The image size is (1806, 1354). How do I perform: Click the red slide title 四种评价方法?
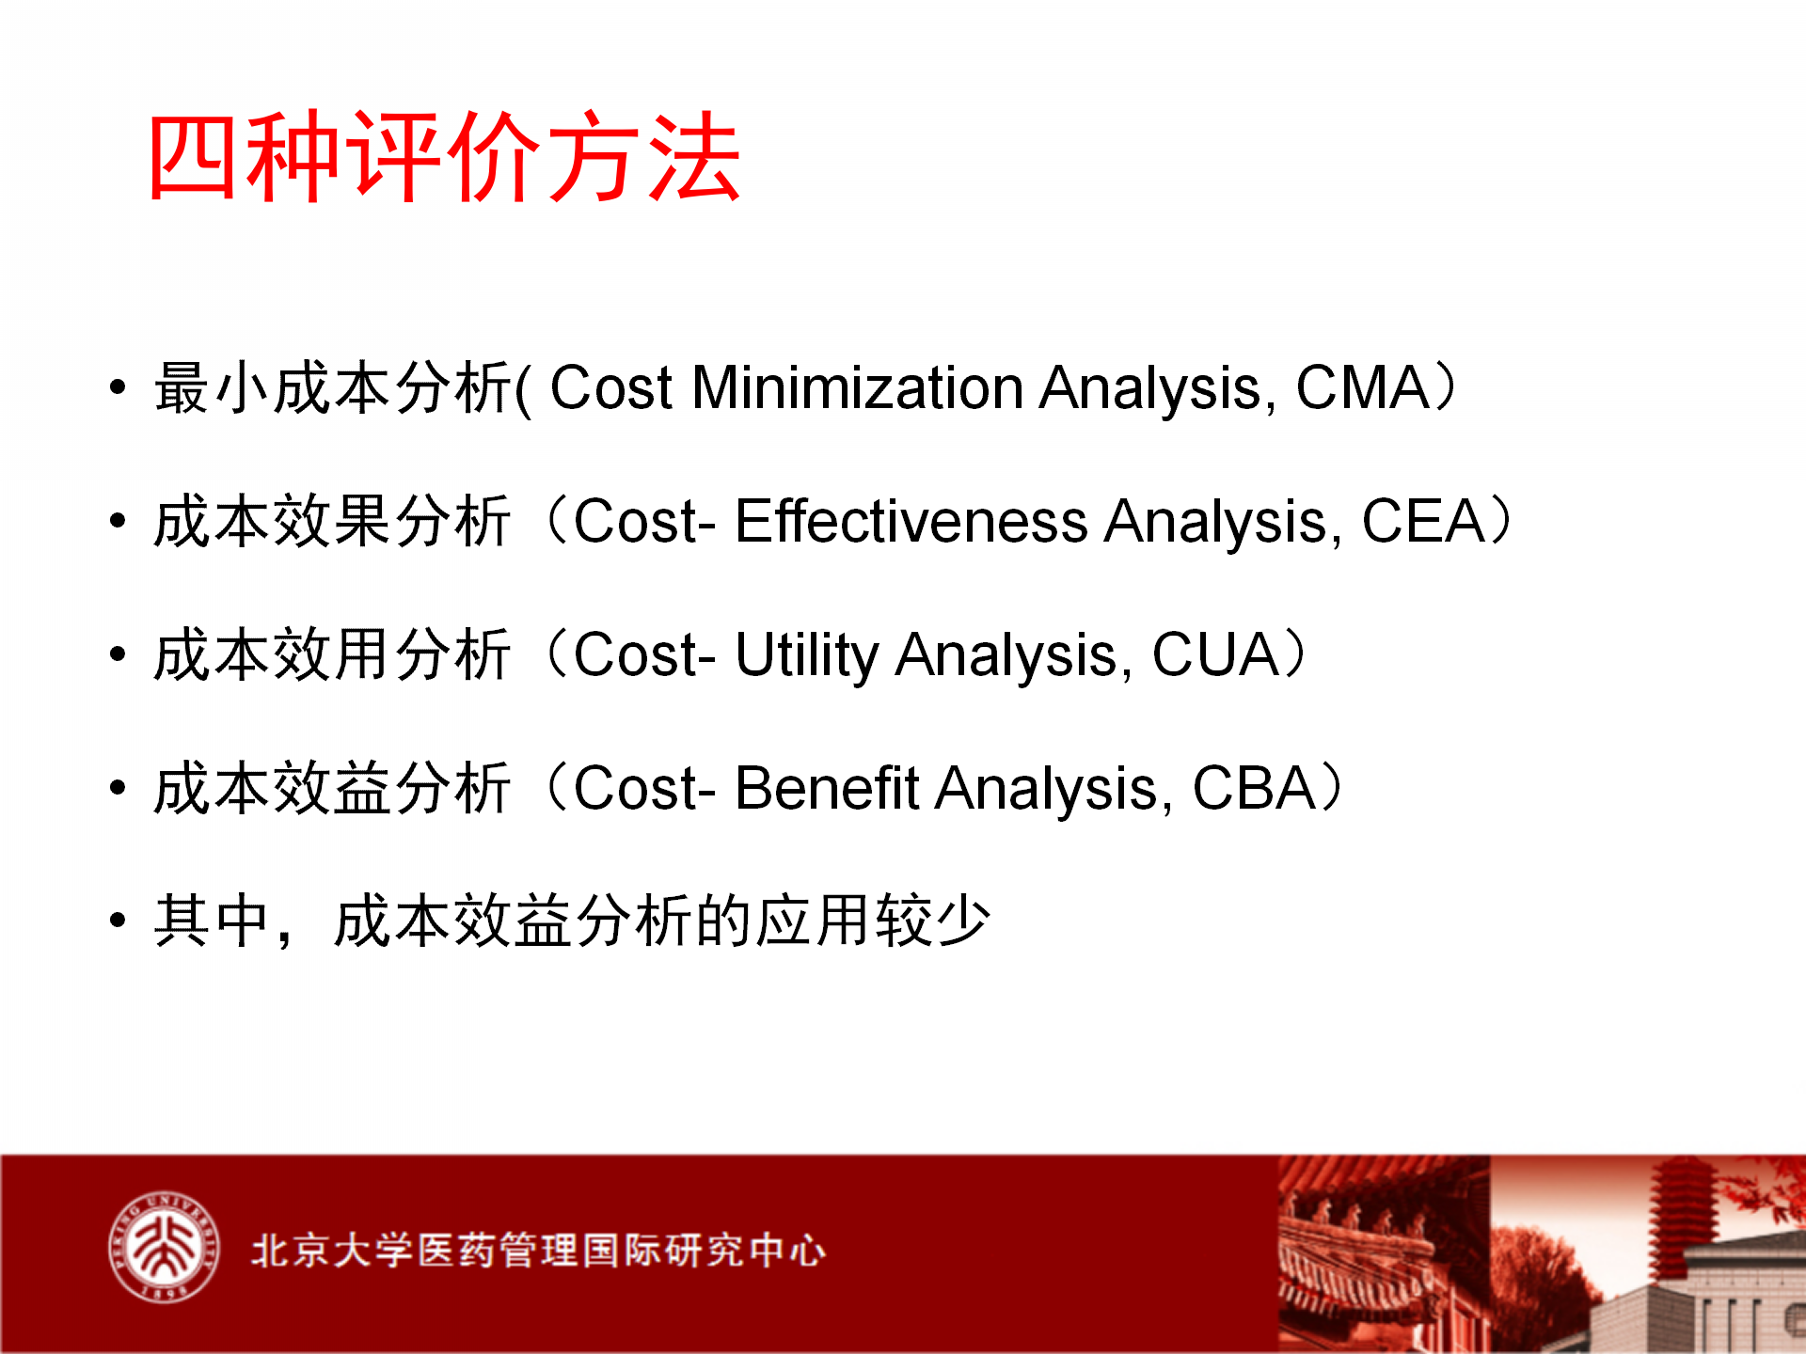coord(444,156)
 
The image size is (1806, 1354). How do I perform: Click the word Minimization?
coord(857,386)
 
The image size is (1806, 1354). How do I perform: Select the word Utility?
coord(806,655)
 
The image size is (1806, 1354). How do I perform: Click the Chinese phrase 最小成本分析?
coord(333,387)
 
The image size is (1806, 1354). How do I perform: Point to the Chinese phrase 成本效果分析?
coord(333,521)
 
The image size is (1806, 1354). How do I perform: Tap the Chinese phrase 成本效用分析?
coord(333,654)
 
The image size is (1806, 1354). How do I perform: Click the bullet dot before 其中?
coord(118,920)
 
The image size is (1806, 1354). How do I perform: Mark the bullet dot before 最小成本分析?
coord(118,386)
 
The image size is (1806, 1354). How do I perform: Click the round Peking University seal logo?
coord(164,1248)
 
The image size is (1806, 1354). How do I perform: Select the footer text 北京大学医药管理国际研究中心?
coord(538,1250)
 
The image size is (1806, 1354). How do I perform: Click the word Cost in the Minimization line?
coord(611,386)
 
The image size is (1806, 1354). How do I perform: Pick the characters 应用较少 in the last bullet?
coord(873,921)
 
